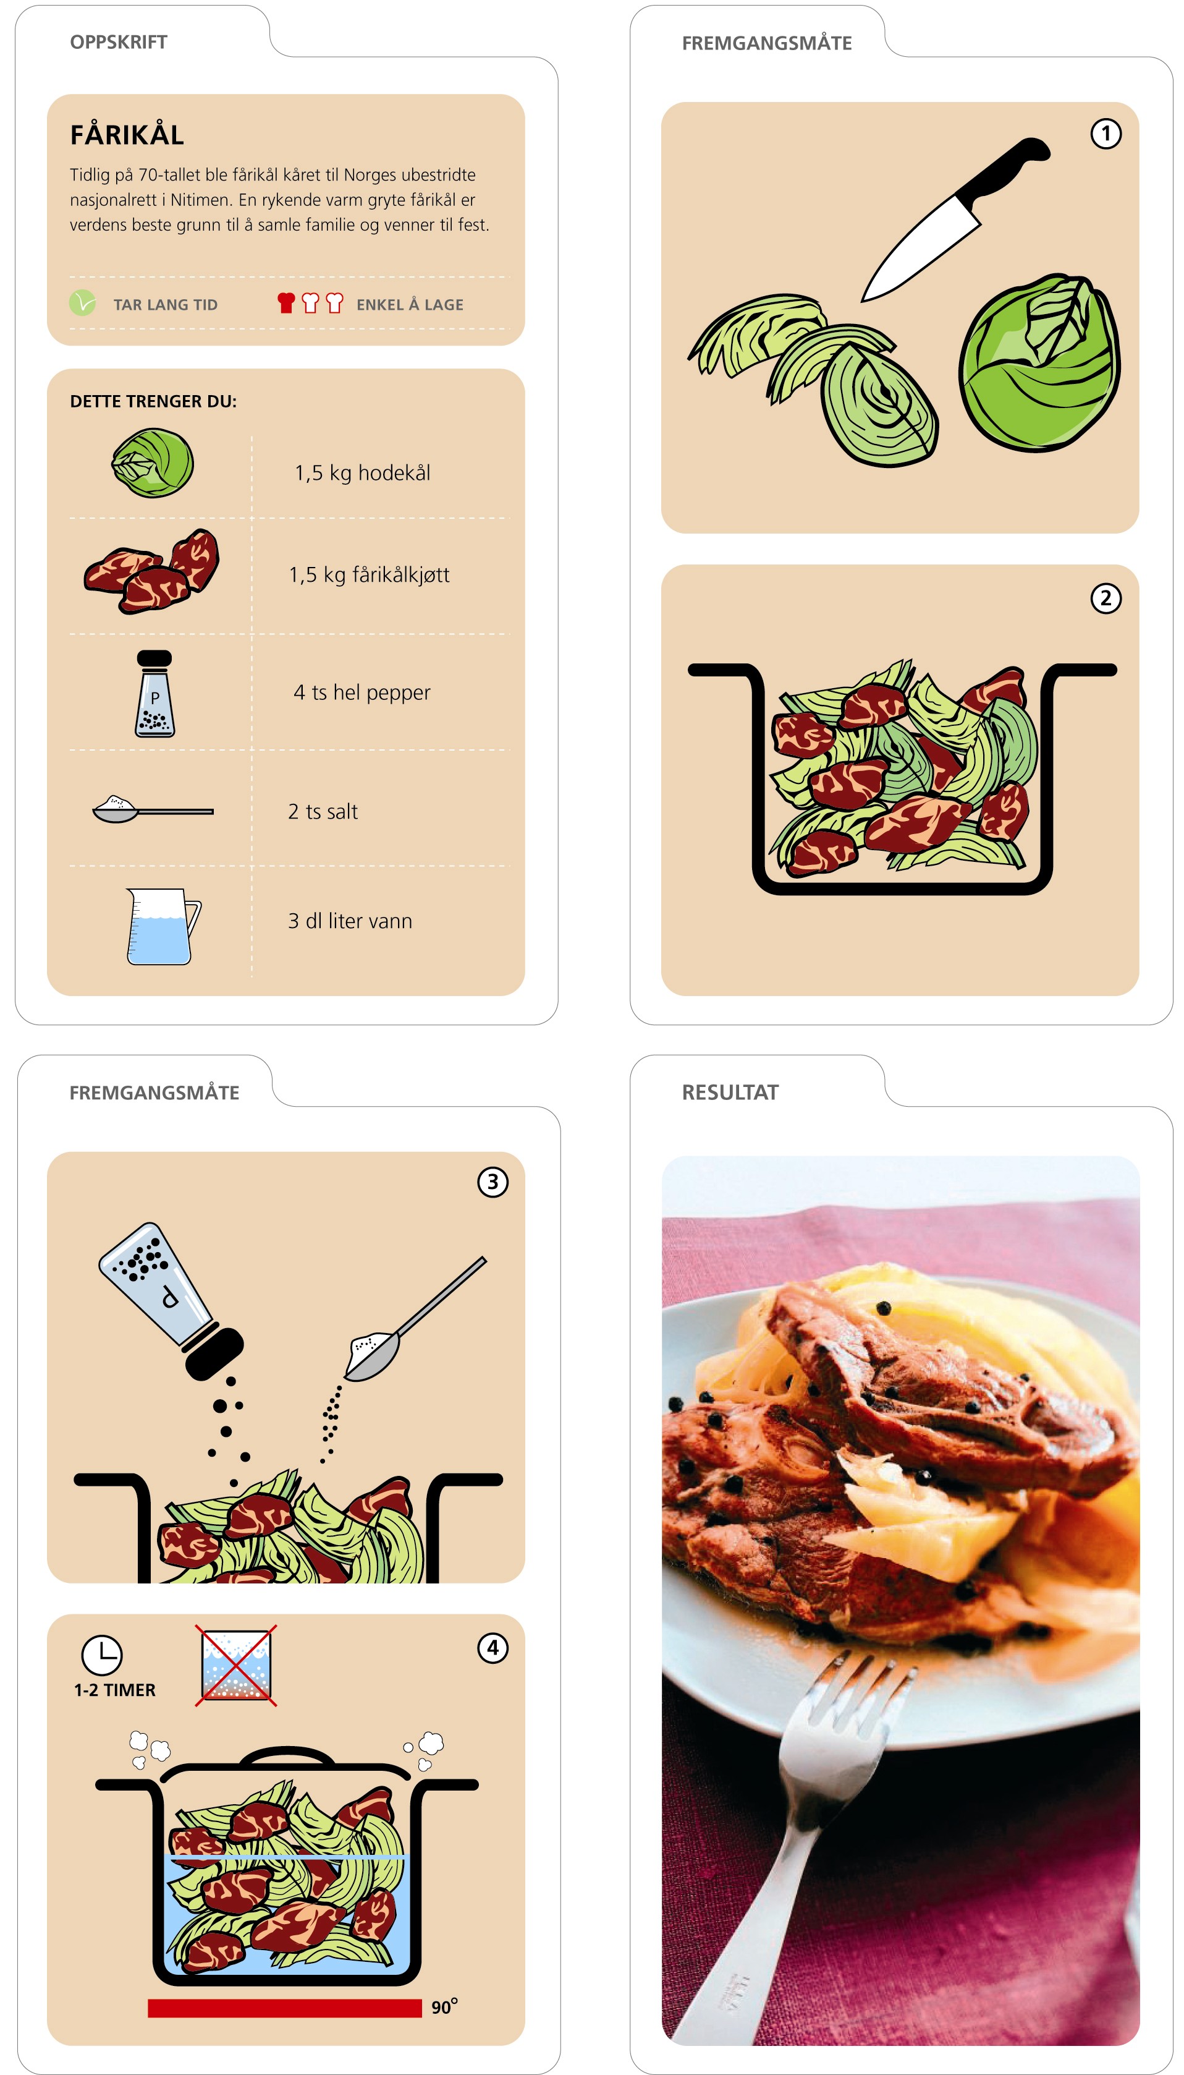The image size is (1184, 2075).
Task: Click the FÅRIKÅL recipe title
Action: (x=127, y=135)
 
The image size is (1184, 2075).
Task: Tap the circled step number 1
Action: (x=1105, y=134)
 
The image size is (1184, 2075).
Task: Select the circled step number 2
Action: (x=1105, y=598)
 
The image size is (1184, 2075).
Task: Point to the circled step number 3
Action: (x=492, y=1182)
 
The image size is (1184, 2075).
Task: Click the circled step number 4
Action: (x=492, y=1648)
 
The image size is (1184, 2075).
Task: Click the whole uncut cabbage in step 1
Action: (x=1039, y=363)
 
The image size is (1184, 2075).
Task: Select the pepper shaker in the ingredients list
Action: (x=154, y=694)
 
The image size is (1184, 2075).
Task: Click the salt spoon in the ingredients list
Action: (x=153, y=809)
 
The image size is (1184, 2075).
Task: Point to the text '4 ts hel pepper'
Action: (x=362, y=693)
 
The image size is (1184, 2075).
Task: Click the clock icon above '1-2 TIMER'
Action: (x=101, y=1655)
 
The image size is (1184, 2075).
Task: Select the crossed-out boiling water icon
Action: (x=236, y=1665)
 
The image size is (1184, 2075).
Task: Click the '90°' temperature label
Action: (x=444, y=2006)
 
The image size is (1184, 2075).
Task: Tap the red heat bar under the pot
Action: (x=285, y=2008)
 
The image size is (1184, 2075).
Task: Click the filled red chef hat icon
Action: (x=285, y=302)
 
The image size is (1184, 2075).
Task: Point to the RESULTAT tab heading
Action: (x=729, y=1093)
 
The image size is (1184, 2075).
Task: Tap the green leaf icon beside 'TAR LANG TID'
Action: (x=82, y=302)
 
